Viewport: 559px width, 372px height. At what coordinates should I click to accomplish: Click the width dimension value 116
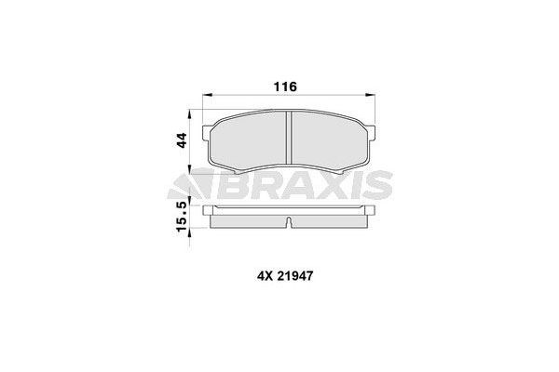[284, 86]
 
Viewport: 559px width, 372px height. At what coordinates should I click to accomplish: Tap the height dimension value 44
[184, 140]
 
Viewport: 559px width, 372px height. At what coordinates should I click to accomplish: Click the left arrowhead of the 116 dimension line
[207, 95]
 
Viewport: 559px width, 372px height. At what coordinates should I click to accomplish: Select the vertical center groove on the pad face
[290, 139]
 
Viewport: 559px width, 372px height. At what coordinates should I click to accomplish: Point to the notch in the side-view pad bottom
[290, 223]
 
